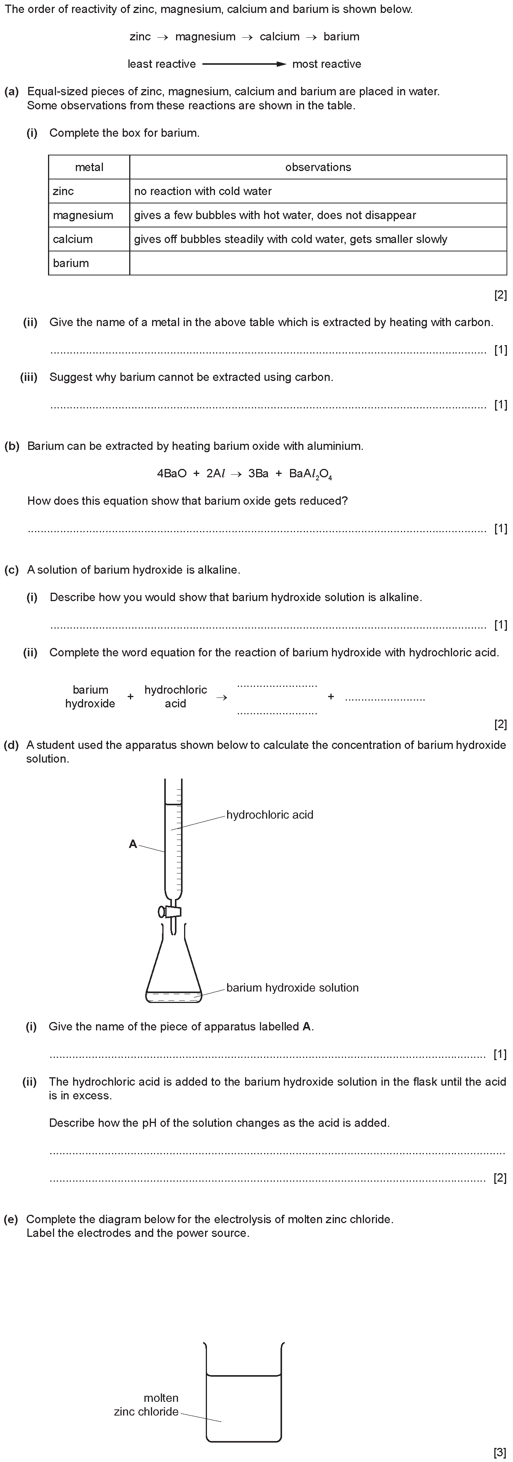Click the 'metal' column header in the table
click(89, 168)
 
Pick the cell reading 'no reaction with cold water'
click(203, 191)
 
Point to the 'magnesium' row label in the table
click(83, 215)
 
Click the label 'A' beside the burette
click(133, 844)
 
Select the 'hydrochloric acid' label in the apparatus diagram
click(269, 815)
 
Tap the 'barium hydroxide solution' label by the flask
click(292, 987)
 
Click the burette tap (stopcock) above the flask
click(170, 912)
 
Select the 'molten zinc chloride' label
click(147, 1405)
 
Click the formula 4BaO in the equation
click(172, 474)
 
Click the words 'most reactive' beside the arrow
click(326, 64)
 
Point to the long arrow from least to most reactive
click(244, 64)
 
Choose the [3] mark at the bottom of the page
click(500, 1452)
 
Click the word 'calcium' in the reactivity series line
click(279, 37)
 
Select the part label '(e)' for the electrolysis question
click(11, 1219)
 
